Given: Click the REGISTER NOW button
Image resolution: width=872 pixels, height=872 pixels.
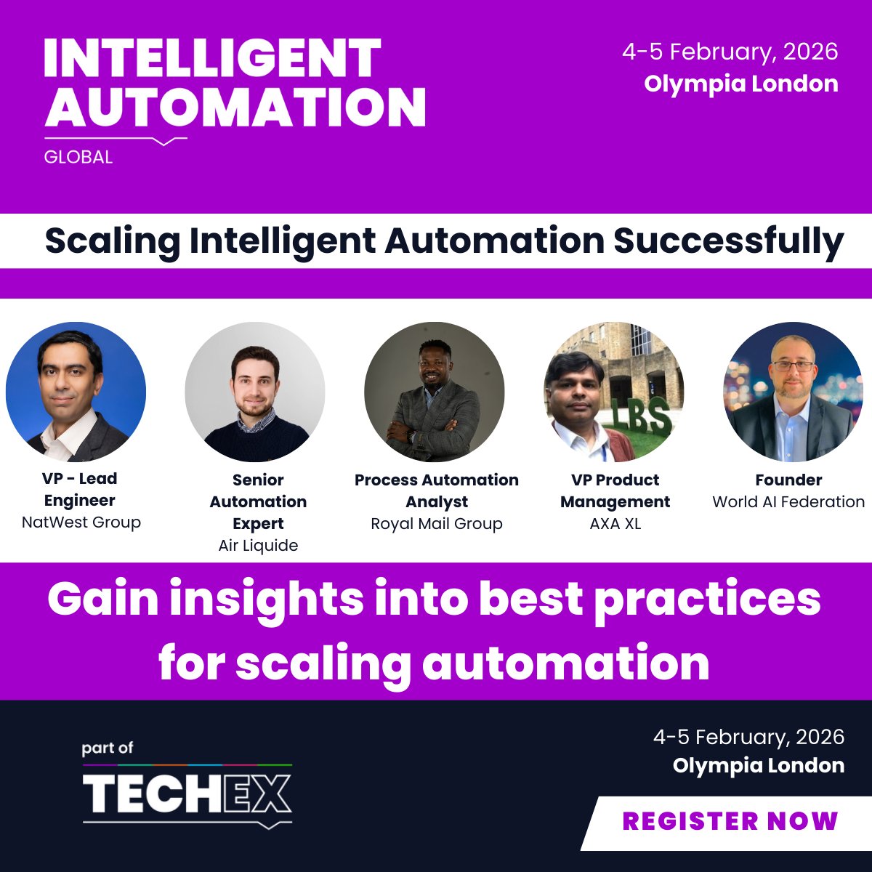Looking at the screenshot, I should pyautogui.click(x=730, y=821).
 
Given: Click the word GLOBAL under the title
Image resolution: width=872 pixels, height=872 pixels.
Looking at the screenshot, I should pyautogui.click(x=78, y=157).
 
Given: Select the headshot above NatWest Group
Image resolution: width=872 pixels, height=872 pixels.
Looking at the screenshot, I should pyautogui.click(x=76, y=392).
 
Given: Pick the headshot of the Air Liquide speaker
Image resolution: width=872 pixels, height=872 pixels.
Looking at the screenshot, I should pyautogui.click(x=255, y=392).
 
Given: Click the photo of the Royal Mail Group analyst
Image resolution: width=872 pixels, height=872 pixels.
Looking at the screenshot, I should pyautogui.click(x=434, y=392).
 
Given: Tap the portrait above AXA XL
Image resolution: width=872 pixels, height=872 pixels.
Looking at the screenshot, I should pyautogui.click(x=613, y=392).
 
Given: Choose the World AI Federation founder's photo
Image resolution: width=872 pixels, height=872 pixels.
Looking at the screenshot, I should pyautogui.click(x=793, y=392).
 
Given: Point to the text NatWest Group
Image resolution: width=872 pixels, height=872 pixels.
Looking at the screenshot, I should pyautogui.click(x=81, y=522).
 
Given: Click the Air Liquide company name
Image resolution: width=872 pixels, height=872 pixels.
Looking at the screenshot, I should pyautogui.click(x=258, y=546).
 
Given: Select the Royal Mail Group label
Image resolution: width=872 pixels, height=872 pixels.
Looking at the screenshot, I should pyautogui.click(x=437, y=524).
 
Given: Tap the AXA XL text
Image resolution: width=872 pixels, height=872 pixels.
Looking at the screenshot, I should pyautogui.click(x=615, y=524).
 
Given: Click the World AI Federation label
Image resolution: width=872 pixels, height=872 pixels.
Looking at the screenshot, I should pyautogui.click(x=788, y=502).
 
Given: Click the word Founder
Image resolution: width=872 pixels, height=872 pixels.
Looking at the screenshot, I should pyautogui.click(x=788, y=480).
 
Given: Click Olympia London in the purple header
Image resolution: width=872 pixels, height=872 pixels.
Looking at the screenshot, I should pyautogui.click(x=740, y=84).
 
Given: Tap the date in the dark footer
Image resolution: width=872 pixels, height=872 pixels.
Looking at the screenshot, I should pyautogui.click(x=748, y=737).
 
